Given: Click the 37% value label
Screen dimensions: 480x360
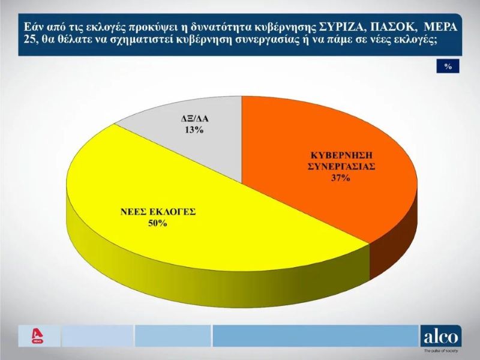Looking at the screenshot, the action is (340, 178).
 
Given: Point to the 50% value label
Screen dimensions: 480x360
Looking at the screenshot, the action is (158, 223).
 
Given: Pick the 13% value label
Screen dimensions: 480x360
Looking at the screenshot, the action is (194, 130).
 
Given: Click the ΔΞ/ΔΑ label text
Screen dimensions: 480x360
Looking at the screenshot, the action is (194, 118).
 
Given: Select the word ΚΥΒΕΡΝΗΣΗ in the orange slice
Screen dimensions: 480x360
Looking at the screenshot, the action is (341, 155).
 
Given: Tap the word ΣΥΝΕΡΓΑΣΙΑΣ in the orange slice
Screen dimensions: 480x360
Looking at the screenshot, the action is (341, 167).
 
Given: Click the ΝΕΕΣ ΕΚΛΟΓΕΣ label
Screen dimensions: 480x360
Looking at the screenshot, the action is (158, 212).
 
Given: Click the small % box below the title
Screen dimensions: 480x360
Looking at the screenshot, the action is (448, 66).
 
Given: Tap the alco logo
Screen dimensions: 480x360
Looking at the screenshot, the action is (441, 337).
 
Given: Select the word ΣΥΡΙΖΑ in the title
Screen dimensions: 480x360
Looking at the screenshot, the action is (341, 28).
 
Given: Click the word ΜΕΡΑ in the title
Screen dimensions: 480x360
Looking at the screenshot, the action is (440, 28).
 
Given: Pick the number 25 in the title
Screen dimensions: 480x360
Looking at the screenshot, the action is (29, 40).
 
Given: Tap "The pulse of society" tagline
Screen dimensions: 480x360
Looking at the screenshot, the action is (441, 351).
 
